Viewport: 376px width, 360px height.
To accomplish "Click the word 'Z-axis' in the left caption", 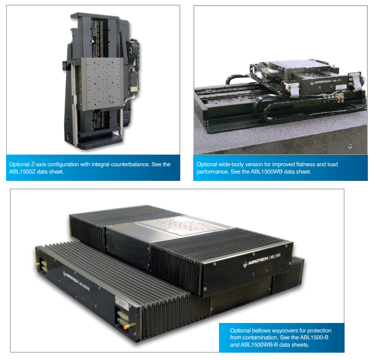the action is coord(38,164).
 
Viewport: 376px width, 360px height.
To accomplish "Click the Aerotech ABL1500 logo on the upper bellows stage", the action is coord(262,260).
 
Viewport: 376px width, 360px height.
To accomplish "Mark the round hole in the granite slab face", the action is coord(350,146).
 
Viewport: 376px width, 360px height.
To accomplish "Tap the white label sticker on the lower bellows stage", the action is coord(122,303).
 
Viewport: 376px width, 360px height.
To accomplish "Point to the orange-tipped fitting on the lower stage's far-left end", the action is coord(37,264).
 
